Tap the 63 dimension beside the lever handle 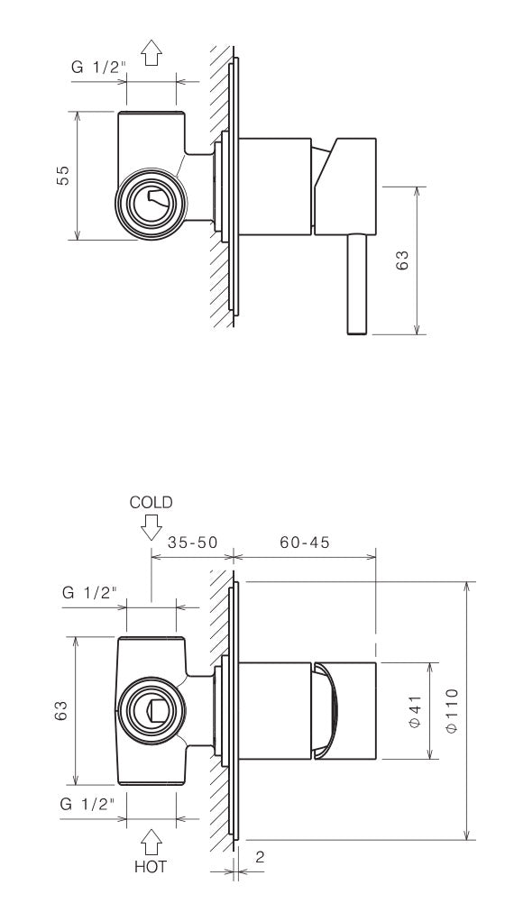[x=403, y=260]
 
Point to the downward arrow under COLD [x=151, y=525]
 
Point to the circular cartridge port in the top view [x=151, y=203]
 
